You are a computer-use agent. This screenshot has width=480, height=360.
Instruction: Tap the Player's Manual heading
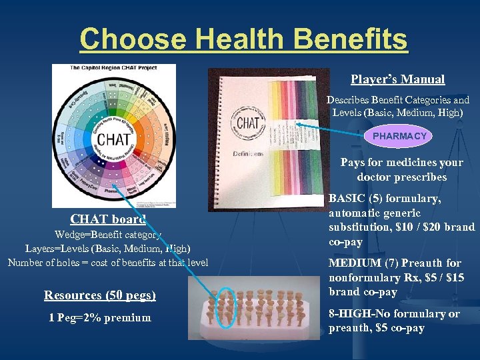(x=398, y=79)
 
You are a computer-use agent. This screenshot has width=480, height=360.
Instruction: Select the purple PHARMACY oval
(x=399, y=136)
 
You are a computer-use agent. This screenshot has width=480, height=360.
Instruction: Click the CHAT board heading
(x=108, y=219)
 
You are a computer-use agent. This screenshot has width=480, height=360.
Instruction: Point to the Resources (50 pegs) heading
(x=99, y=295)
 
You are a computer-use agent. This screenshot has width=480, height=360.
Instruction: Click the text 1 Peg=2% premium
(x=99, y=317)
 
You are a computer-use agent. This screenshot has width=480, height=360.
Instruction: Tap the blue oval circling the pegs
(x=225, y=308)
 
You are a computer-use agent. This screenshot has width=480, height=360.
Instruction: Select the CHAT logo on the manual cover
(x=248, y=123)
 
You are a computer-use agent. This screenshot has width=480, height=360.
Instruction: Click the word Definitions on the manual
(x=247, y=153)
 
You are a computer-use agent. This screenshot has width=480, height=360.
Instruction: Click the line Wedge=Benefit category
(x=107, y=234)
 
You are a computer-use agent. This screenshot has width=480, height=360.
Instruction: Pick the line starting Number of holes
(x=107, y=262)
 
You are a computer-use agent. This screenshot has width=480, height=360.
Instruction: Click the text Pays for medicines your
(x=401, y=162)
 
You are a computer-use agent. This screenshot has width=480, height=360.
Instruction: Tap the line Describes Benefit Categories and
(x=397, y=100)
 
